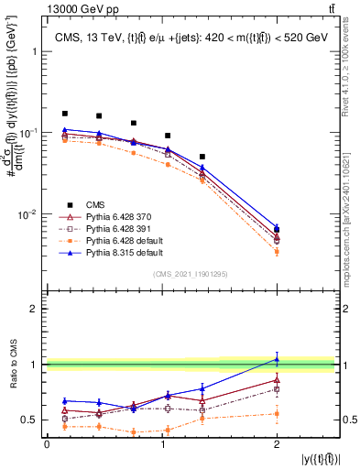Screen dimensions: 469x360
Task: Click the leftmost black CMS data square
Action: [x=64, y=114]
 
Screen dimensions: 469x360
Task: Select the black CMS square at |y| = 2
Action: [x=277, y=229]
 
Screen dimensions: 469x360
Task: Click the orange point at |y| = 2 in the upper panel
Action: [x=277, y=251]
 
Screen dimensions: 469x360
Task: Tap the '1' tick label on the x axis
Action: [x=162, y=442]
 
